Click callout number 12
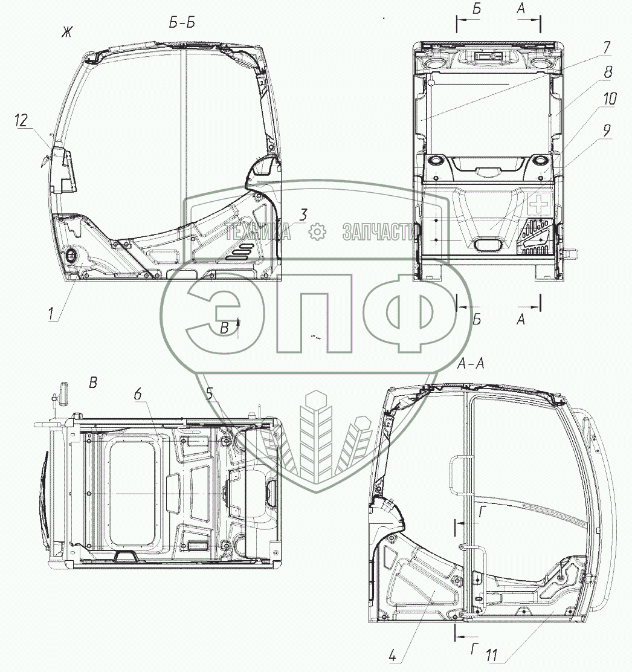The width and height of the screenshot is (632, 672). pyautogui.click(x=21, y=120)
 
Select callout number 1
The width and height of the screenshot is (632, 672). pyautogui.click(x=51, y=314)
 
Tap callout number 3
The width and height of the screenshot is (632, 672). pyautogui.click(x=303, y=215)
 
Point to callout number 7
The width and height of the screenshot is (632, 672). pyautogui.click(x=606, y=48)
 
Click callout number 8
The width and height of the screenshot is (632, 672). pyautogui.click(x=608, y=72)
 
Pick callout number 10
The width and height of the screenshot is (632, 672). pyautogui.click(x=610, y=99)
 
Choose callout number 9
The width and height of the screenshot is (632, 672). pyautogui.click(x=606, y=131)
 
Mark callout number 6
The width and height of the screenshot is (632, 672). pyautogui.click(x=138, y=394)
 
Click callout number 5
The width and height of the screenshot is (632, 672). pyautogui.click(x=209, y=393)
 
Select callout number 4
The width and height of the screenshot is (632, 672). pyautogui.click(x=393, y=655)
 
